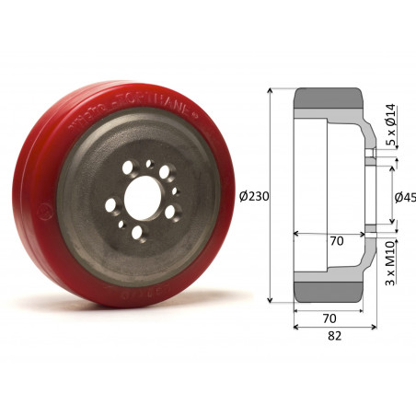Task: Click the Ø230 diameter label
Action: (252, 196)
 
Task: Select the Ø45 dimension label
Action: (404, 197)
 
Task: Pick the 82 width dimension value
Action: (334, 336)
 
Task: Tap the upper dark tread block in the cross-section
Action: (329, 102)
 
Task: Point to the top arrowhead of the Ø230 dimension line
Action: (271, 92)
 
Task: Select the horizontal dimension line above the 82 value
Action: (334, 327)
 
